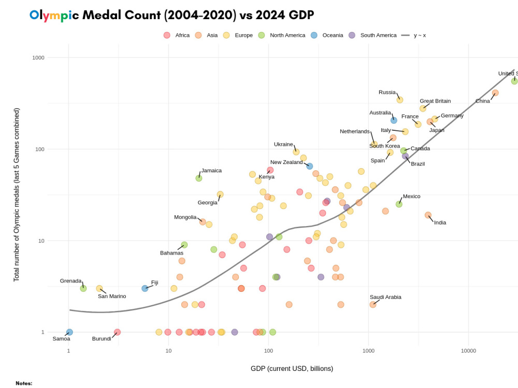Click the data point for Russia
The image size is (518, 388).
[399, 100]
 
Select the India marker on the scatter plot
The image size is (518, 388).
[428, 215]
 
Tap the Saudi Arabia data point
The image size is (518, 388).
[372, 305]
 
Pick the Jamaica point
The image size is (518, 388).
[199, 178]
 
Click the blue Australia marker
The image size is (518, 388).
[394, 120]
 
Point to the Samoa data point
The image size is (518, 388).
[69, 332]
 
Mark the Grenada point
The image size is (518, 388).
[83, 288]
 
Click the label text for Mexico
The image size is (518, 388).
[411, 197]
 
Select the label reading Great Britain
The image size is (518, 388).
[435, 101]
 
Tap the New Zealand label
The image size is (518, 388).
[286, 162]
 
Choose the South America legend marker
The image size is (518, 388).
[352, 35]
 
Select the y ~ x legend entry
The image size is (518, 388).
[420, 35]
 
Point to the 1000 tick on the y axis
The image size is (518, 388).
[38, 57]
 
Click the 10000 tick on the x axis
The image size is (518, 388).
[468, 351]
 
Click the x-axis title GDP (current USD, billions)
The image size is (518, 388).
[292, 369]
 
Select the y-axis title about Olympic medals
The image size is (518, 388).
[17, 195]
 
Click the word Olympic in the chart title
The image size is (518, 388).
[54, 15]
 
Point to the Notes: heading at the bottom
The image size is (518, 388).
[24, 383]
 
